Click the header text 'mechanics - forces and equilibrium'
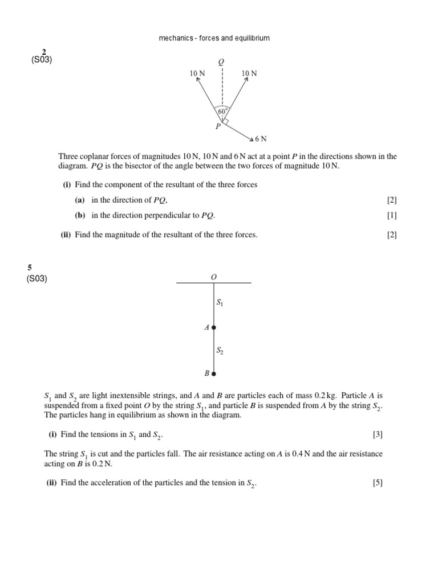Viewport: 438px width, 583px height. point(214,38)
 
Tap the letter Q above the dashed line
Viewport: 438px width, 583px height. point(221,61)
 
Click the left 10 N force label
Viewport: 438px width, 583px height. point(197,73)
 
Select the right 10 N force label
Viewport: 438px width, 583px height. point(249,73)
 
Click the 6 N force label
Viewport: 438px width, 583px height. point(261,138)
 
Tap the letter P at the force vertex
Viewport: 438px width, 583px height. point(217,126)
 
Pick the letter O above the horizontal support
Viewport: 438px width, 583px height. point(214,276)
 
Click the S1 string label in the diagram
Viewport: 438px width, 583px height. point(220,303)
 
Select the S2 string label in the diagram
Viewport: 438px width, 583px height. point(220,351)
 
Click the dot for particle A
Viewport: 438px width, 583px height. point(214,327)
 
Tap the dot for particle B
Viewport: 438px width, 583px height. point(214,374)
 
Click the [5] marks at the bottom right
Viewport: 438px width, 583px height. point(378,483)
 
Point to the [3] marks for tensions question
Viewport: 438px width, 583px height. point(378,434)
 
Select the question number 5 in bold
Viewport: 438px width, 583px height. point(29,268)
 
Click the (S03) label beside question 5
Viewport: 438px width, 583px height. point(36,278)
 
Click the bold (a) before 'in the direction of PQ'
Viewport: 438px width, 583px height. point(80,200)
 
